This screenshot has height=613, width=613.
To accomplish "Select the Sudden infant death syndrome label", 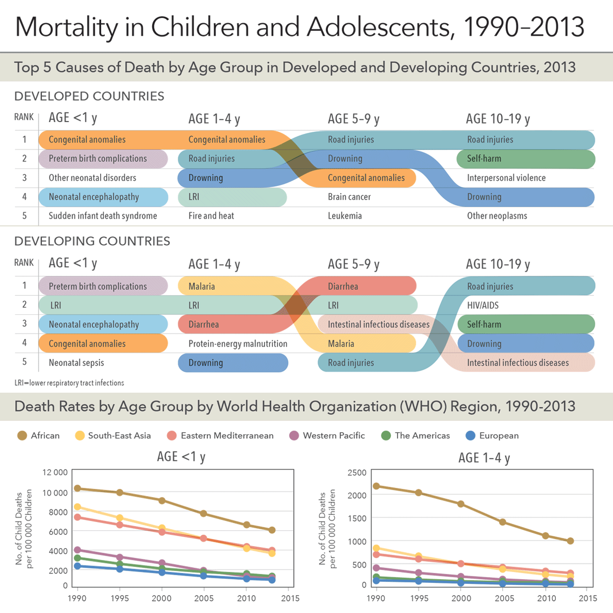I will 103,216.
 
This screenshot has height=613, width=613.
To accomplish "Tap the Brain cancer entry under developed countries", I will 349,197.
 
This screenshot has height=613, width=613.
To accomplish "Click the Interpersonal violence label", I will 506,178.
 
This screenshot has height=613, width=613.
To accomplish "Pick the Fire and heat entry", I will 211,216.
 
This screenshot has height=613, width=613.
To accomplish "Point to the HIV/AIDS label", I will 483,305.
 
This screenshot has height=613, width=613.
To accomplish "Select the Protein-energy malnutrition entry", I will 238,344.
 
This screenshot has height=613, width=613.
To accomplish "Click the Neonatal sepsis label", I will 76,363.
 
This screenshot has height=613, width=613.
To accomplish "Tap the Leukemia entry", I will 345,216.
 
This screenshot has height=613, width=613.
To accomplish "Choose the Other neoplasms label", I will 497,216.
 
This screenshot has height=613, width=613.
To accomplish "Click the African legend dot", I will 22,436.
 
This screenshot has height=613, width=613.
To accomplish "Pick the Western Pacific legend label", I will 334,436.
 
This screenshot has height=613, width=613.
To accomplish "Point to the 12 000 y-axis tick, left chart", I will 55,473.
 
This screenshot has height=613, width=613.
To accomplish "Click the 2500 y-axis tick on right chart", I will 357,473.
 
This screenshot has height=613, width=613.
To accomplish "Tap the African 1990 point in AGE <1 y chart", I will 78,488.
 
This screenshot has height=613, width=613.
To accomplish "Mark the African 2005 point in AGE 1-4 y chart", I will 503,522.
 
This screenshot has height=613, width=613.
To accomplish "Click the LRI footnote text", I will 69,383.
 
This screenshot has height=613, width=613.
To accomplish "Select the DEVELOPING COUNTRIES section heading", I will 92,241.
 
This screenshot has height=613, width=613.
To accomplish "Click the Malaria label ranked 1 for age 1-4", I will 202,287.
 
